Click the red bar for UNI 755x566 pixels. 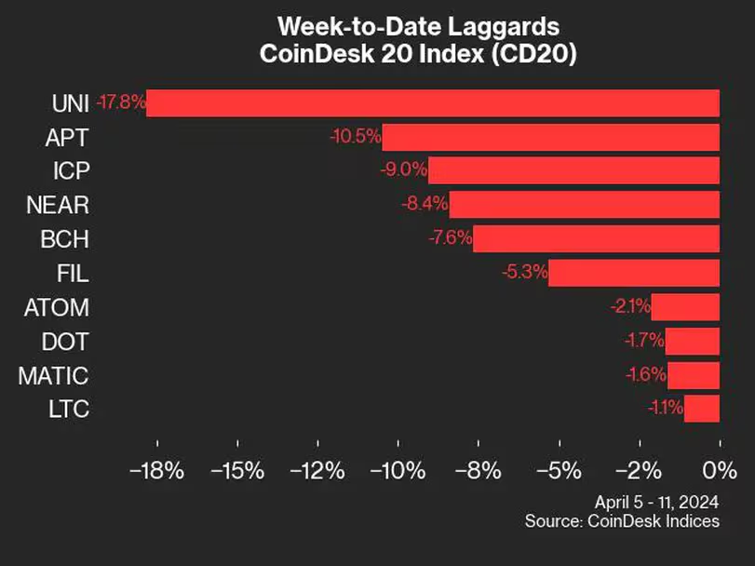coord(433,102)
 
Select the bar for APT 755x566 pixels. coord(550,137)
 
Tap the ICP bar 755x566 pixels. coord(573,170)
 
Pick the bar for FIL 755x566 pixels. coord(634,273)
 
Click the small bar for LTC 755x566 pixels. coord(702,408)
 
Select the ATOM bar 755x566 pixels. coord(685,306)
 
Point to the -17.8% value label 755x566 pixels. coord(121,102)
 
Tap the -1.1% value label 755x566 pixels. coord(665,408)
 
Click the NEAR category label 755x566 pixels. coord(60,205)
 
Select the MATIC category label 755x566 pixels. coord(54,376)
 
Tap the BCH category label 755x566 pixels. coord(65,239)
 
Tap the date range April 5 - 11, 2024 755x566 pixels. coord(658,501)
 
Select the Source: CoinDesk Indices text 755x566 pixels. coord(622,520)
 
